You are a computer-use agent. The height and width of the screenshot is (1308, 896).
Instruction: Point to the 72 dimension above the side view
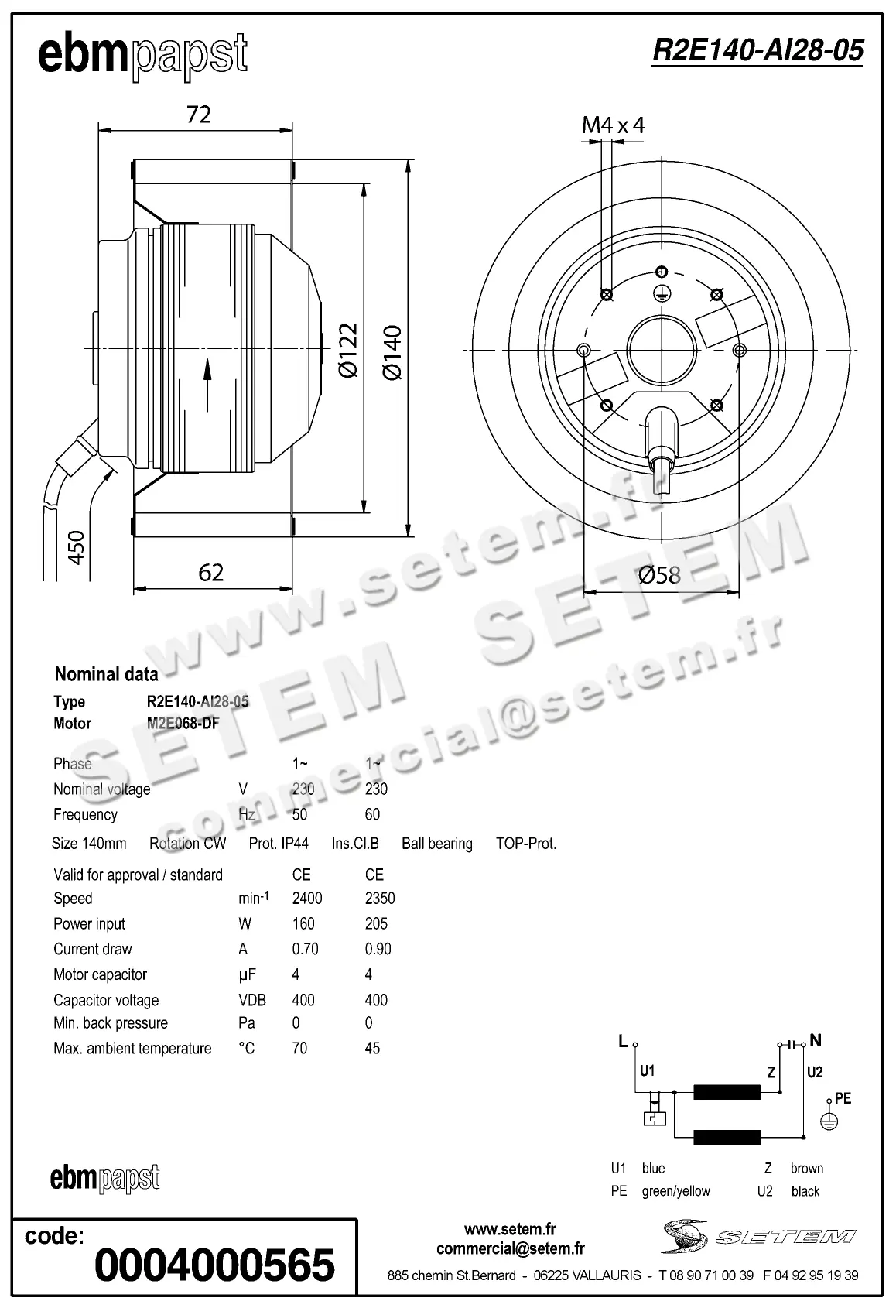199,115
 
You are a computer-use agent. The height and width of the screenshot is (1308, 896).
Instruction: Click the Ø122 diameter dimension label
349,350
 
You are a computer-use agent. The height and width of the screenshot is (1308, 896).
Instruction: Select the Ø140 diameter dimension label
393,352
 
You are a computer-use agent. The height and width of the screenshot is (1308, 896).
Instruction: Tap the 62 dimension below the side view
210,573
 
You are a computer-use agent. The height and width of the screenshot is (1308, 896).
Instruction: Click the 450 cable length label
76,547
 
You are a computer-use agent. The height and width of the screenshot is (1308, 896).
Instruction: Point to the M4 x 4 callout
613,125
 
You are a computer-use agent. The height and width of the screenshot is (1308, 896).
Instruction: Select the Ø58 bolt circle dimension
659,574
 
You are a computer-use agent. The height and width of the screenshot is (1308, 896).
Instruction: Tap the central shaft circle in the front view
659,350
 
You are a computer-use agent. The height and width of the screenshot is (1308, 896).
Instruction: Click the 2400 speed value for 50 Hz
306,899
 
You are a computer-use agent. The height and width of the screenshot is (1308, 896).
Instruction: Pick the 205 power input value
376,923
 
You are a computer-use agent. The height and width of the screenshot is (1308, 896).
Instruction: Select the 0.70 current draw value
305,949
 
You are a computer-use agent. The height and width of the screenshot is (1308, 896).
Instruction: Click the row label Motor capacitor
100,974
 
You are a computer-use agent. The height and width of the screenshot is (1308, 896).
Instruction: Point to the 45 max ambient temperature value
372,1048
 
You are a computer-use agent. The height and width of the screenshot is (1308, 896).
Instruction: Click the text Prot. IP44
279,844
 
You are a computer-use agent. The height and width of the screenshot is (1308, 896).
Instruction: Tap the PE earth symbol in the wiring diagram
829,1120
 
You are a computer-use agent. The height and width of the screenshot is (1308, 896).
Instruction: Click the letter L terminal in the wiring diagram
623,1041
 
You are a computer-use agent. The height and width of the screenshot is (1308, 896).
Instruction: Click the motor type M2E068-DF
183,724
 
